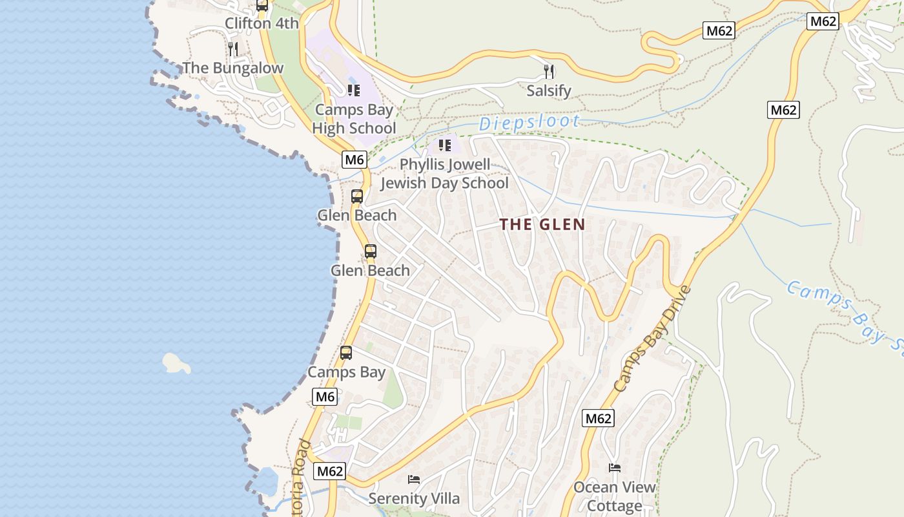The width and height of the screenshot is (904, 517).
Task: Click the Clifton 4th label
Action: tap(262, 24)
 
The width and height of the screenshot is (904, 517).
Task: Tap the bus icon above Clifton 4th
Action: tap(262, 5)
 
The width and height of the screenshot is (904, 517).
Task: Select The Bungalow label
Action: tap(232, 68)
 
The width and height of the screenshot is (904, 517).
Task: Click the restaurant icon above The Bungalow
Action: tap(233, 48)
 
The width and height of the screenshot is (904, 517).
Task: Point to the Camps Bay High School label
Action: tap(354, 119)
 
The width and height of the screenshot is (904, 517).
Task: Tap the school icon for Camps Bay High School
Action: tap(353, 90)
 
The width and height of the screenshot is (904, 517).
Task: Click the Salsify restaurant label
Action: tap(549, 90)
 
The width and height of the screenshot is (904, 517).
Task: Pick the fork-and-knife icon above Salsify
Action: tap(549, 71)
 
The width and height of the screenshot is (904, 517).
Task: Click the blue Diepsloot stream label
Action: tap(529, 121)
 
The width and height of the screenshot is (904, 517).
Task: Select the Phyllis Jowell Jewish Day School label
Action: tap(444, 174)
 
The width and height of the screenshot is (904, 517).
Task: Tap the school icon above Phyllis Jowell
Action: tap(444, 145)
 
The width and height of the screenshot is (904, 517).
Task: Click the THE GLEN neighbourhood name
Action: tap(542, 225)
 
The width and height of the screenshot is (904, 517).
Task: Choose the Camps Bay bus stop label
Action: tap(346, 372)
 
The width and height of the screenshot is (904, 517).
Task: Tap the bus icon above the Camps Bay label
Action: tap(346, 353)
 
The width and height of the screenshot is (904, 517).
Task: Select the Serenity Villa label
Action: tap(414, 499)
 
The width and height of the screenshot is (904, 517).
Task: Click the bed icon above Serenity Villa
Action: tap(414, 480)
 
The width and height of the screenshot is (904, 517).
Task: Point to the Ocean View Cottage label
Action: tap(614, 496)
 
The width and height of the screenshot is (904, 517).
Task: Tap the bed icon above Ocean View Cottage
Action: tap(614, 468)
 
